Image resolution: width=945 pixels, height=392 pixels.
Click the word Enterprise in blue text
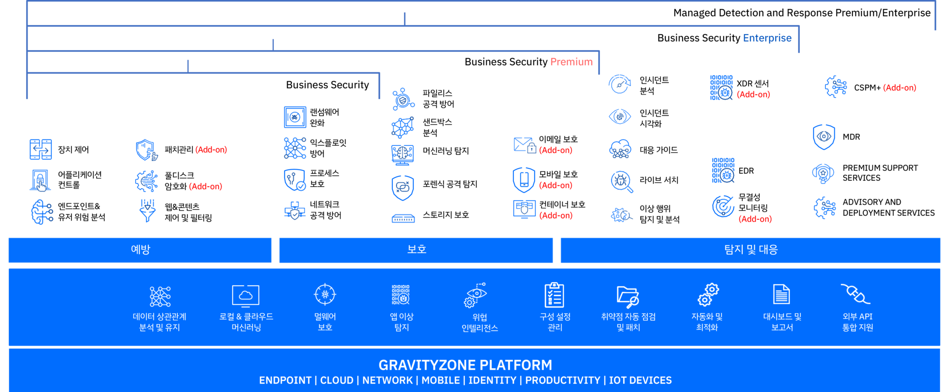click(767, 38)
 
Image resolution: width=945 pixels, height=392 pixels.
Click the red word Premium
click(571, 62)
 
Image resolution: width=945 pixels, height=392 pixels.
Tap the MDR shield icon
click(824, 137)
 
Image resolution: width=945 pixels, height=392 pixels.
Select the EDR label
click(746, 171)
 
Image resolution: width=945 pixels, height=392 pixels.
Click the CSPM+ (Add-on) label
click(885, 88)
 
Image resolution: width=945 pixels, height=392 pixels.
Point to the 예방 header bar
click(140, 250)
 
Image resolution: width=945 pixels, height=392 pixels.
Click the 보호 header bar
click(416, 250)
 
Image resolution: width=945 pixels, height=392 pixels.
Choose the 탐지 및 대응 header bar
click(751, 250)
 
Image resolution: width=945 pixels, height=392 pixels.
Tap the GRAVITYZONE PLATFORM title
click(465, 365)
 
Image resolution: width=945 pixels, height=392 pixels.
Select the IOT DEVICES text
click(640, 380)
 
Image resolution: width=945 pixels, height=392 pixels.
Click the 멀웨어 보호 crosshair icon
click(325, 294)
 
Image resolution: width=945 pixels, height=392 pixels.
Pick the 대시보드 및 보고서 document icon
click(782, 294)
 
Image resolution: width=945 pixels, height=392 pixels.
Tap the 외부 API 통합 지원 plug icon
click(855, 294)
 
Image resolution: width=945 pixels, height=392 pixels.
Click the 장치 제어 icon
click(40, 149)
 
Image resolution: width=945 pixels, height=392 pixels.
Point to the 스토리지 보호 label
click(446, 215)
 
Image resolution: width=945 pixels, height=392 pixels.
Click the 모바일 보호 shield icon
click(524, 180)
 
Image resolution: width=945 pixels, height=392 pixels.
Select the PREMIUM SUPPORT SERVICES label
click(880, 173)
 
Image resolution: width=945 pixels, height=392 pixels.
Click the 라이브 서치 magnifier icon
click(621, 181)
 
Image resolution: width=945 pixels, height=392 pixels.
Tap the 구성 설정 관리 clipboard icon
click(554, 294)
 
